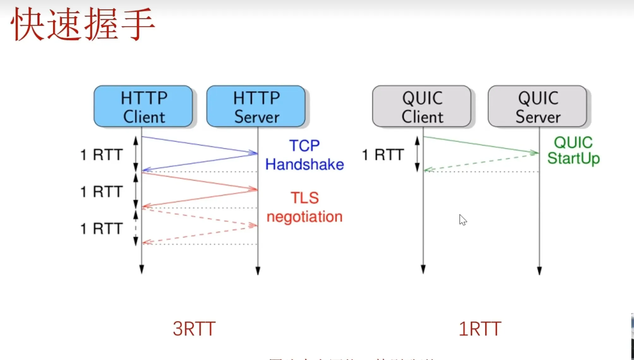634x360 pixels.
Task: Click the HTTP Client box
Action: click(143, 107)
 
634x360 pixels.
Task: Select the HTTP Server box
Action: click(256, 107)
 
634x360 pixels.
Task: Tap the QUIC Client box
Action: click(422, 107)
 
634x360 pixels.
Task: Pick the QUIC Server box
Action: click(538, 107)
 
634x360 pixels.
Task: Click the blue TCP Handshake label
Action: click(305, 155)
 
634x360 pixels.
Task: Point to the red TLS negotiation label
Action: click(305, 207)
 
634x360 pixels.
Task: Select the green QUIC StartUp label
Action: click(573, 150)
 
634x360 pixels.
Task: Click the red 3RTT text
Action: click(194, 329)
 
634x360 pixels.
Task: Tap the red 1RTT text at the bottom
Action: click(480, 329)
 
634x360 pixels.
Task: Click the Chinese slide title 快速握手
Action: click(83, 25)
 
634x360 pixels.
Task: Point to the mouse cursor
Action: click(463, 220)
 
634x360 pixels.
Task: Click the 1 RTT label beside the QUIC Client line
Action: click(383, 155)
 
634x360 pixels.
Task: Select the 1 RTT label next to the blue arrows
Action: click(101, 155)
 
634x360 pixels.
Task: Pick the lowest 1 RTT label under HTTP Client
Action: click(101, 229)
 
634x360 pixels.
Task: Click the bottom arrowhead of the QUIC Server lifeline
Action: click(539, 271)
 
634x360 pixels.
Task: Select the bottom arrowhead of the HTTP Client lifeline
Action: click(142, 269)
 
